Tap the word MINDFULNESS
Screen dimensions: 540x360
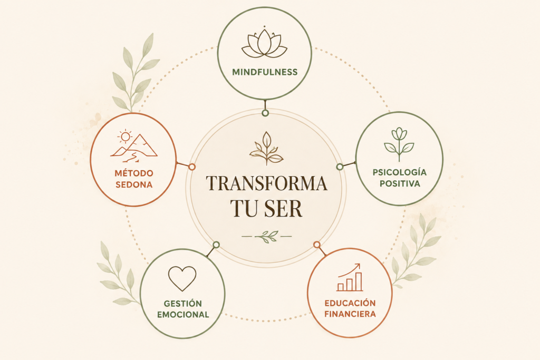[265, 72]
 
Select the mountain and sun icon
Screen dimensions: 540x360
[133, 147]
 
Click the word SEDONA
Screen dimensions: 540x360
[134, 185]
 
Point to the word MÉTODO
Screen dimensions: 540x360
[134, 173]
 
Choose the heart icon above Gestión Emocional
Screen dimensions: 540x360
[182, 278]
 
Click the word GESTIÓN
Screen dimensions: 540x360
[183, 304]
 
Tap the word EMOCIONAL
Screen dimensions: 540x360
[183, 315]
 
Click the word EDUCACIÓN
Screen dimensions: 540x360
[350, 303]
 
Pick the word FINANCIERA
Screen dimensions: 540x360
[350, 314]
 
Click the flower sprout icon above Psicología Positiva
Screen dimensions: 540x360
[399, 144]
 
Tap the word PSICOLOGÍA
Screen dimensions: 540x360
[400, 172]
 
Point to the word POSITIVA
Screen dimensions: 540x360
[400, 184]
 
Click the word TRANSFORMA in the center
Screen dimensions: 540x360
[266, 183]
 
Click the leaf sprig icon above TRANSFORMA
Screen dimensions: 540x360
[266, 148]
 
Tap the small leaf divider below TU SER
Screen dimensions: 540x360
[266, 237]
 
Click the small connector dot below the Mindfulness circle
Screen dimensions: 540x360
[265, 113]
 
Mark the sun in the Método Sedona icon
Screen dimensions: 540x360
[125, 137]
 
